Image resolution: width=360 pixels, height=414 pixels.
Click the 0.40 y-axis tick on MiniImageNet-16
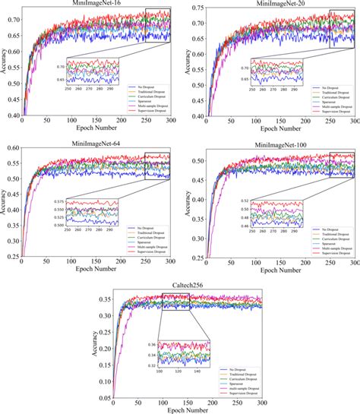pos(13,115)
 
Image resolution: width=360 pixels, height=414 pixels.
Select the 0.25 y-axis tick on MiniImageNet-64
pos(13,256)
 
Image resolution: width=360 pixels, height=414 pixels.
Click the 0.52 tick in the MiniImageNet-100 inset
pos(243,201)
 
